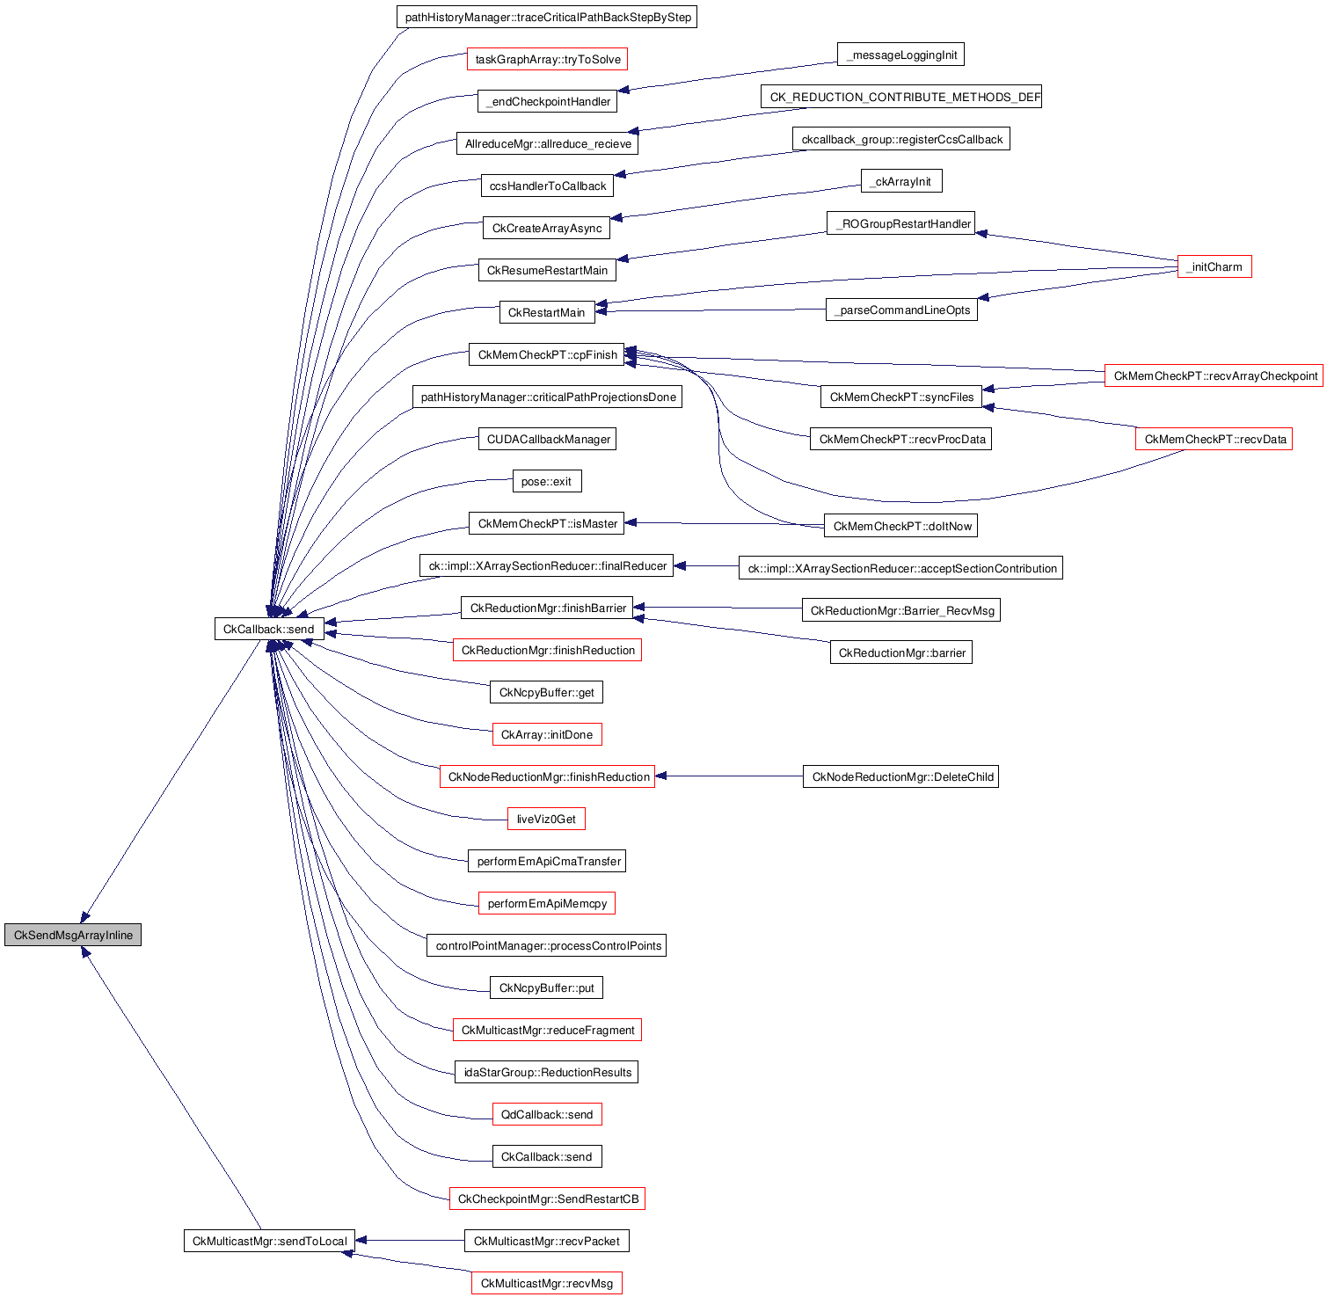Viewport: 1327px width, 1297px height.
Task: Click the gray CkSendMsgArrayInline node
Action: (x=73, y=935)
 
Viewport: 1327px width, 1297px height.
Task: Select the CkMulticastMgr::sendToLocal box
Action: (x=269, y=1241)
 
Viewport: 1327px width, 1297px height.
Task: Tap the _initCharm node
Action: (x=1214, y=266)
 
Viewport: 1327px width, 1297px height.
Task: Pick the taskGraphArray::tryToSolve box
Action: (x=548, y=59)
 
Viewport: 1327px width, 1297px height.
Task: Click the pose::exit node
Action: (x=546, y=481)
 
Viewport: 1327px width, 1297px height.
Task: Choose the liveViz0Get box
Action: (x=546, y=819)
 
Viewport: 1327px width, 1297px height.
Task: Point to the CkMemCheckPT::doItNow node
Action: (x=902, y=526)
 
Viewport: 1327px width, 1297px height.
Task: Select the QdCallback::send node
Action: (x=546, y=1114)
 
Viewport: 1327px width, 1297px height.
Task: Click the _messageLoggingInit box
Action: (x=901, y=55)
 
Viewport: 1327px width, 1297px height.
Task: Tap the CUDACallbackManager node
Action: (x=549, y=439)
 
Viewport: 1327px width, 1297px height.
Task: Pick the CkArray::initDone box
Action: (x=546, y=734)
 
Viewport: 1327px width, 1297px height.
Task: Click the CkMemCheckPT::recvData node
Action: (x=1214, y=439)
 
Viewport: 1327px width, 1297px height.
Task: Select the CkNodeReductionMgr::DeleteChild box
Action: (x=902, y=776)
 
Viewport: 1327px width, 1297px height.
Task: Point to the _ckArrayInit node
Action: (x=901, y=181)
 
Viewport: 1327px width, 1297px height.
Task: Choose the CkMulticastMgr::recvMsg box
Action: (x=546, y=1283)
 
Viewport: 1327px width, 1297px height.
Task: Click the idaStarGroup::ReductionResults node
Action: (x=547, y=1072)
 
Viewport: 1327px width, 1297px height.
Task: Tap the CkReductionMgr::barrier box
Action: (x=901, y=652)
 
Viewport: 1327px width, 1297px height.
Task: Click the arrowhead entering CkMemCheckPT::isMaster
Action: (x=631, y=523)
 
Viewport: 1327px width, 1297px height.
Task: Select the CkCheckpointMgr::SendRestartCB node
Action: (x=548, y=1199)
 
